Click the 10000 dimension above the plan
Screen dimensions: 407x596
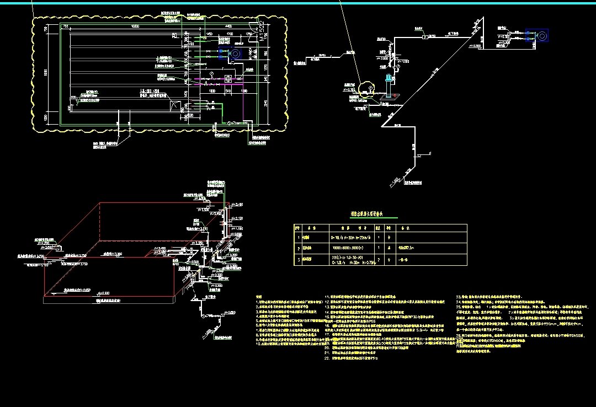(x=134, y=26)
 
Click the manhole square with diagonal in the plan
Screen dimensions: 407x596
(x=176, y=105)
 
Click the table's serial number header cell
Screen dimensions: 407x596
(x=297, y=227)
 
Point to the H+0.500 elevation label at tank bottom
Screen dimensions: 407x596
(x=103, y=292)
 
